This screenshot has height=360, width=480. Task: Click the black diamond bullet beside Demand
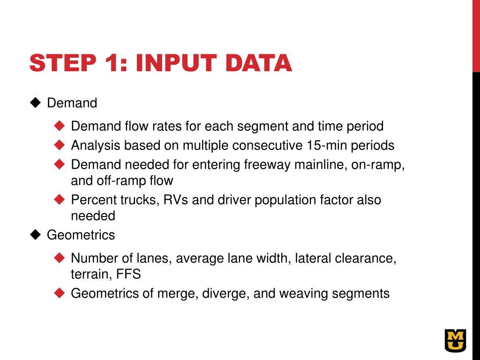point(36,103)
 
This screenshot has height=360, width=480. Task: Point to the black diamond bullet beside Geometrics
point(36,235)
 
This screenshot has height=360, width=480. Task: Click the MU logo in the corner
point(456,340)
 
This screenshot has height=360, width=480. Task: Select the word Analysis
point(96,146)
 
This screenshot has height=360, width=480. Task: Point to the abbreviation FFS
point(128,274)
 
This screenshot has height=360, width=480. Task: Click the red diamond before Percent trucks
point(60,200)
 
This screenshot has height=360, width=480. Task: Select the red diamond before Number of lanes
point(60,258)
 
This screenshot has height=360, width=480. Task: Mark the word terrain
point(89,274)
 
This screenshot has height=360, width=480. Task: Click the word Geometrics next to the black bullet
point(81,235)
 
